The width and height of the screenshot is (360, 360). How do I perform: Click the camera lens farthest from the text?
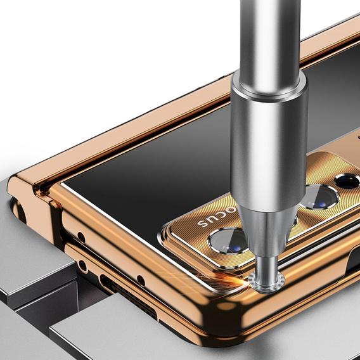347,181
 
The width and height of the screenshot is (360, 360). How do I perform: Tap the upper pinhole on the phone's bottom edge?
81,238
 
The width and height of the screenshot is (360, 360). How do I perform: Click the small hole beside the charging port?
140,281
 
